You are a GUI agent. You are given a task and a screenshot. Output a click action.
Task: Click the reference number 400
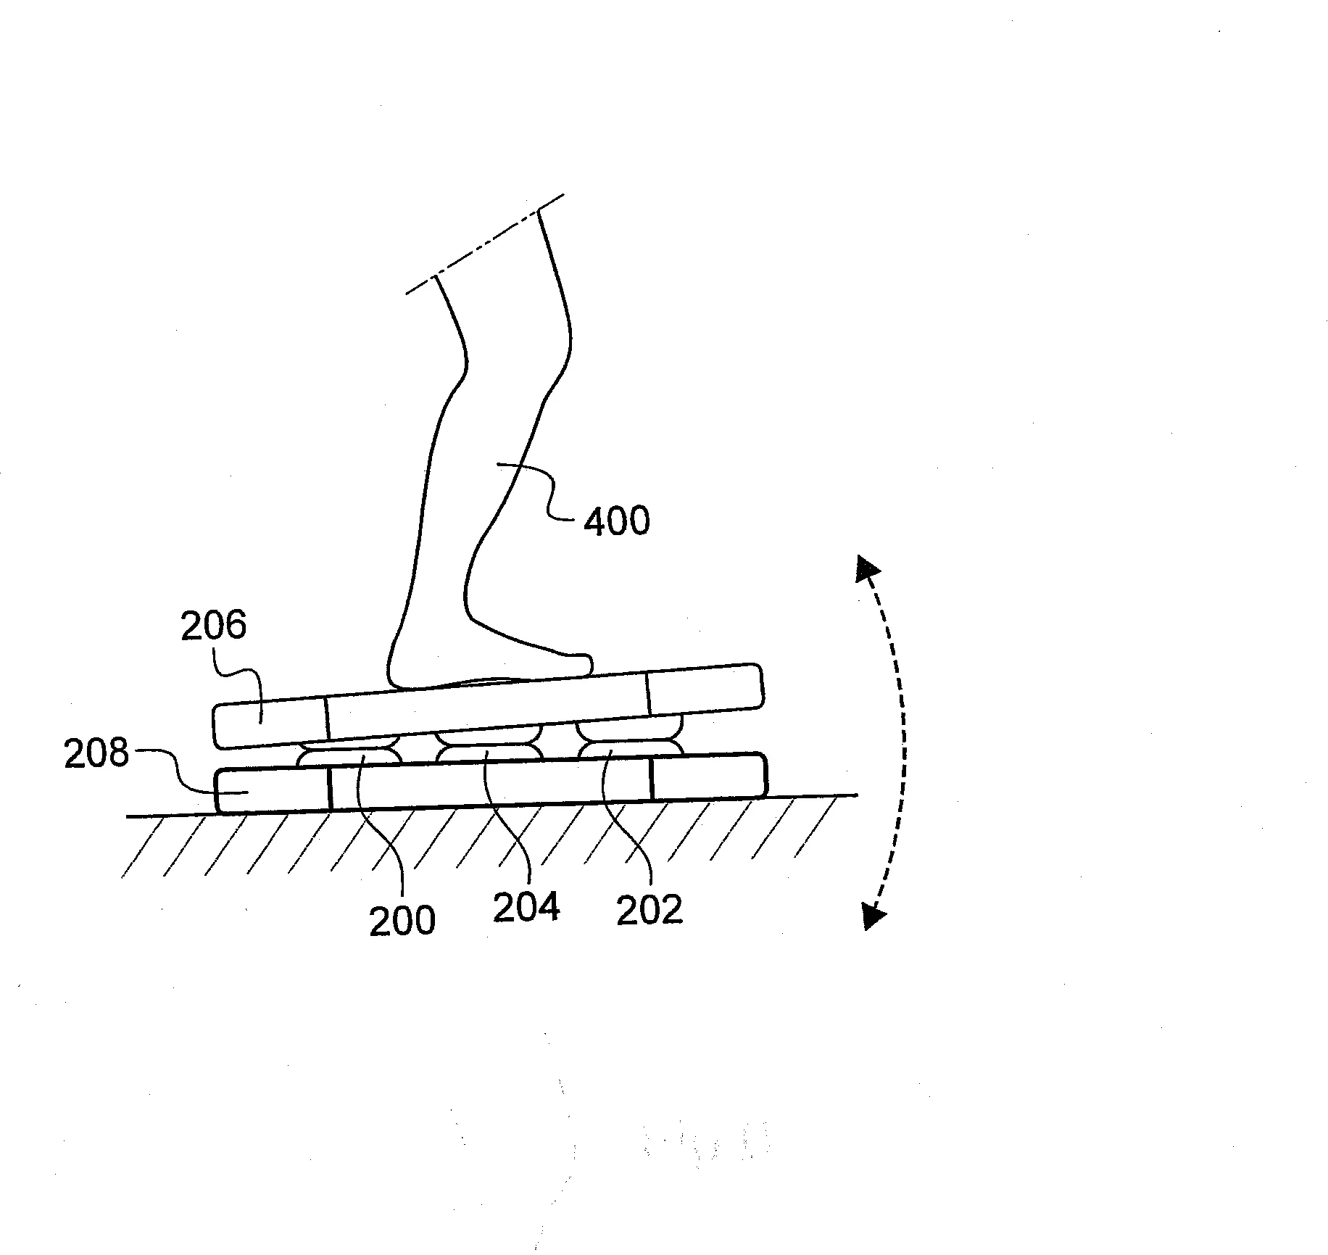(x=617, y=521)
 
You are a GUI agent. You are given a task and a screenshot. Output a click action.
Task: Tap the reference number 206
(x=213, y=625)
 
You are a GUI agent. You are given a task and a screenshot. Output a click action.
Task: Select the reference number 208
(x=96, y=753)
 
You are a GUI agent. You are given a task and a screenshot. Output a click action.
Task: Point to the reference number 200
(x=402, y=921)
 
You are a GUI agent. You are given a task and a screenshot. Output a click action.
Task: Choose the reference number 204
(x=526, y=907)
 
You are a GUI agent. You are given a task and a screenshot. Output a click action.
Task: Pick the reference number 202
(x=650, y=911)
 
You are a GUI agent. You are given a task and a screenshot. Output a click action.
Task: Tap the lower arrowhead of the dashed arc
(x=874, y=916)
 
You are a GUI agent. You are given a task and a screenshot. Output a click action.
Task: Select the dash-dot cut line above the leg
(x=485, y=244)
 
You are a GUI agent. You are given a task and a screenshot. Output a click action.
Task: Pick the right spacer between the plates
(x=629, y=739)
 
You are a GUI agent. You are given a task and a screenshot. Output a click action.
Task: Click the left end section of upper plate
(x=270, y=723)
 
